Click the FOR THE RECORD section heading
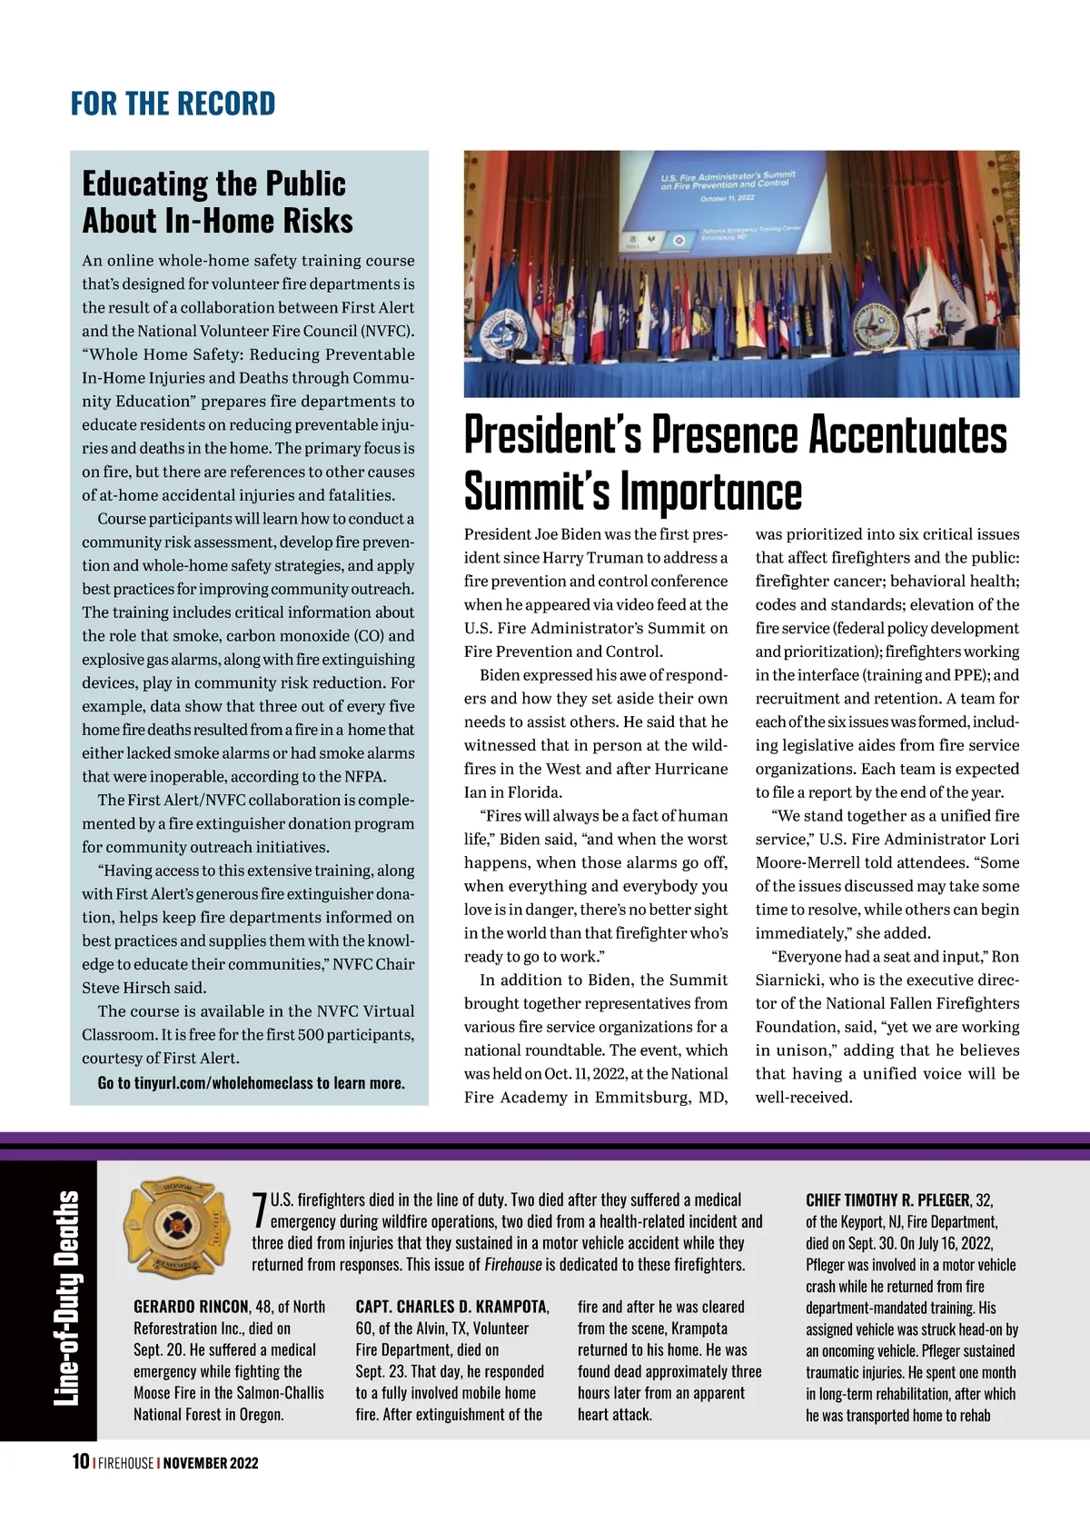tap(173, 104)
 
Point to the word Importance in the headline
tap(711, 492)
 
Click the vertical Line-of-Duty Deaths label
tap(65, 1299)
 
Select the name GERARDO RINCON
tap(191, 1307)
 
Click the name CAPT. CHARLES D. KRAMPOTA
tap(451, 1307)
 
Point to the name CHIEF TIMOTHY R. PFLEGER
tap(887, 1200)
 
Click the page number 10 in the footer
tap(80, 1462)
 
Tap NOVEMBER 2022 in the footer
tap(211, 1463)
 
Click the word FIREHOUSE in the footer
tap(126, 1463)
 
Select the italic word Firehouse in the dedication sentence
tap(513, 1264)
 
